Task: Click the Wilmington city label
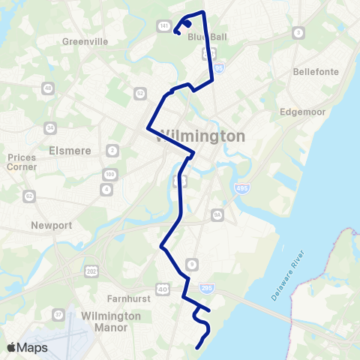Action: tap(202, 136)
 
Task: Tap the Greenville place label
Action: tap(86, 41)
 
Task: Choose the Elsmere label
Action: tap(70, 150)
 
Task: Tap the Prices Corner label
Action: tap(21, 162)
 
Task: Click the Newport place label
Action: tap(51, 225)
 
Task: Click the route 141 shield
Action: tap(163, 25)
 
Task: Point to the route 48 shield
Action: tap(49, 88)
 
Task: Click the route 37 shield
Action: tap(58, 314)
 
